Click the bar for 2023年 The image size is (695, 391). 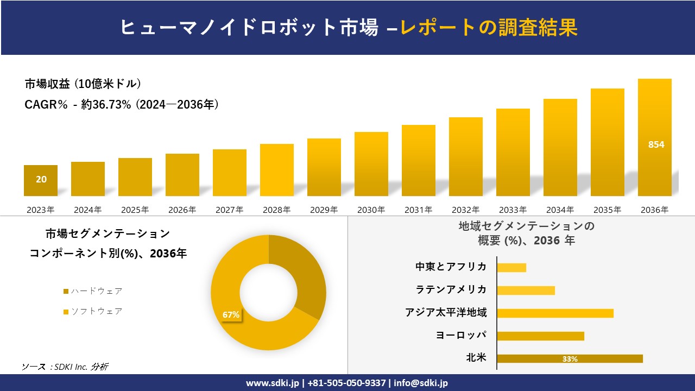(x=41, y=180)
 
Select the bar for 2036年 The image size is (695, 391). (x=654, y=137)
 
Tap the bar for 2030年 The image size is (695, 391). (x=371, y=164)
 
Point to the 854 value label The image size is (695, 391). (x=656, y=145)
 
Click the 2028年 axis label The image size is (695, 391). (x=276, y=210)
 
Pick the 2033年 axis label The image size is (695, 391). (x=513, y=210)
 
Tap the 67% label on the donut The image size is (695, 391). (x=231, y=314)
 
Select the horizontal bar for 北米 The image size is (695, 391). (x=570, y=358)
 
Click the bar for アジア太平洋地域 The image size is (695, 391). (x=555, y=313)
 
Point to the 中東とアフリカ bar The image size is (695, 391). (x=511, y=267)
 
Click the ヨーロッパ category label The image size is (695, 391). (x=461, y=335)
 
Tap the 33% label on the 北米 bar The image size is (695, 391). (x=570, y=359)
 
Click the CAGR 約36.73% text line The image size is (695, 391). (x=122, y=105)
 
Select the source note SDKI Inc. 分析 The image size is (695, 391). (x=65, y=367)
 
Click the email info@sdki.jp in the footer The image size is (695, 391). (x=421, y=383)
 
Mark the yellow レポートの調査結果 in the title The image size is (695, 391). (x=489, y=27)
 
